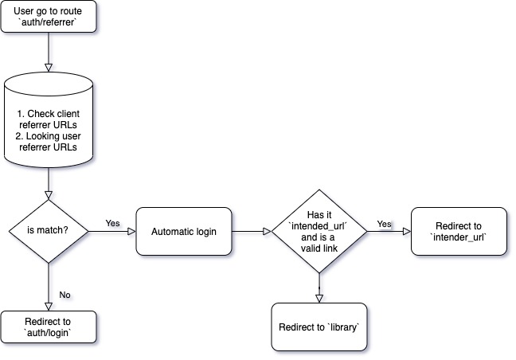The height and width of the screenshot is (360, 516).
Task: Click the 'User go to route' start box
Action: pyautogui.click(x=49, y=18)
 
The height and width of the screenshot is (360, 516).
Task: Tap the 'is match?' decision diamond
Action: pyautogui.click(x=49, y=231)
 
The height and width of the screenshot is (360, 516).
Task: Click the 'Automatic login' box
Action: pyautogui.click(x=184, y=231)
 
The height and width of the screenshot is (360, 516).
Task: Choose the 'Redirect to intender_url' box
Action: pyautogui.click(x=459, y=231)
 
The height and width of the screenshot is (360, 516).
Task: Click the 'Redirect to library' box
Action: pyautogui.click(x=319, y=327)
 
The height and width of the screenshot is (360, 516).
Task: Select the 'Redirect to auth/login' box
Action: pyautogui.click(x=49, y=327)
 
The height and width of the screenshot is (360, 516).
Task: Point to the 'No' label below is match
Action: pyautogui.click(x=65, y=294)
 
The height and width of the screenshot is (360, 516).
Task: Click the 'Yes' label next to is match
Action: pyautogui.click(x=112, y=223)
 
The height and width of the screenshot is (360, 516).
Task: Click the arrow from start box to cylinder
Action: pyautogui.click(x=49, y=53)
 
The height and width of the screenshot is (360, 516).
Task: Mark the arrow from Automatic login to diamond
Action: pyautogui.click(x=251, y=231)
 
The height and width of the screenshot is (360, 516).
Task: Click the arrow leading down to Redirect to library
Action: pyautogui.click(x=319, y=287)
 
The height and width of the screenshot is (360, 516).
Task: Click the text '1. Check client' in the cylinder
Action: pyautogui.click(x=49, y=114)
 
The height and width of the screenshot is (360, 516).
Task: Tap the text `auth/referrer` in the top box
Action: pyautogui.click(x=49, y=24)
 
